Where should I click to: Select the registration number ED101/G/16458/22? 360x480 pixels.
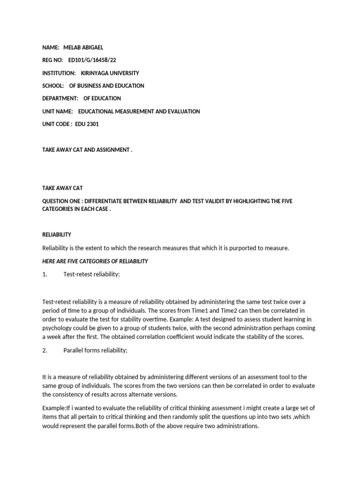coord(92,60)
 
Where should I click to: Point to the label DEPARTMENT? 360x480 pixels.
coord(59,98)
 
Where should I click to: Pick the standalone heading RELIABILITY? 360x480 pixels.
coord(57,234)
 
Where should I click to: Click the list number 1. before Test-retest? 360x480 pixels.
coord(45,274)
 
